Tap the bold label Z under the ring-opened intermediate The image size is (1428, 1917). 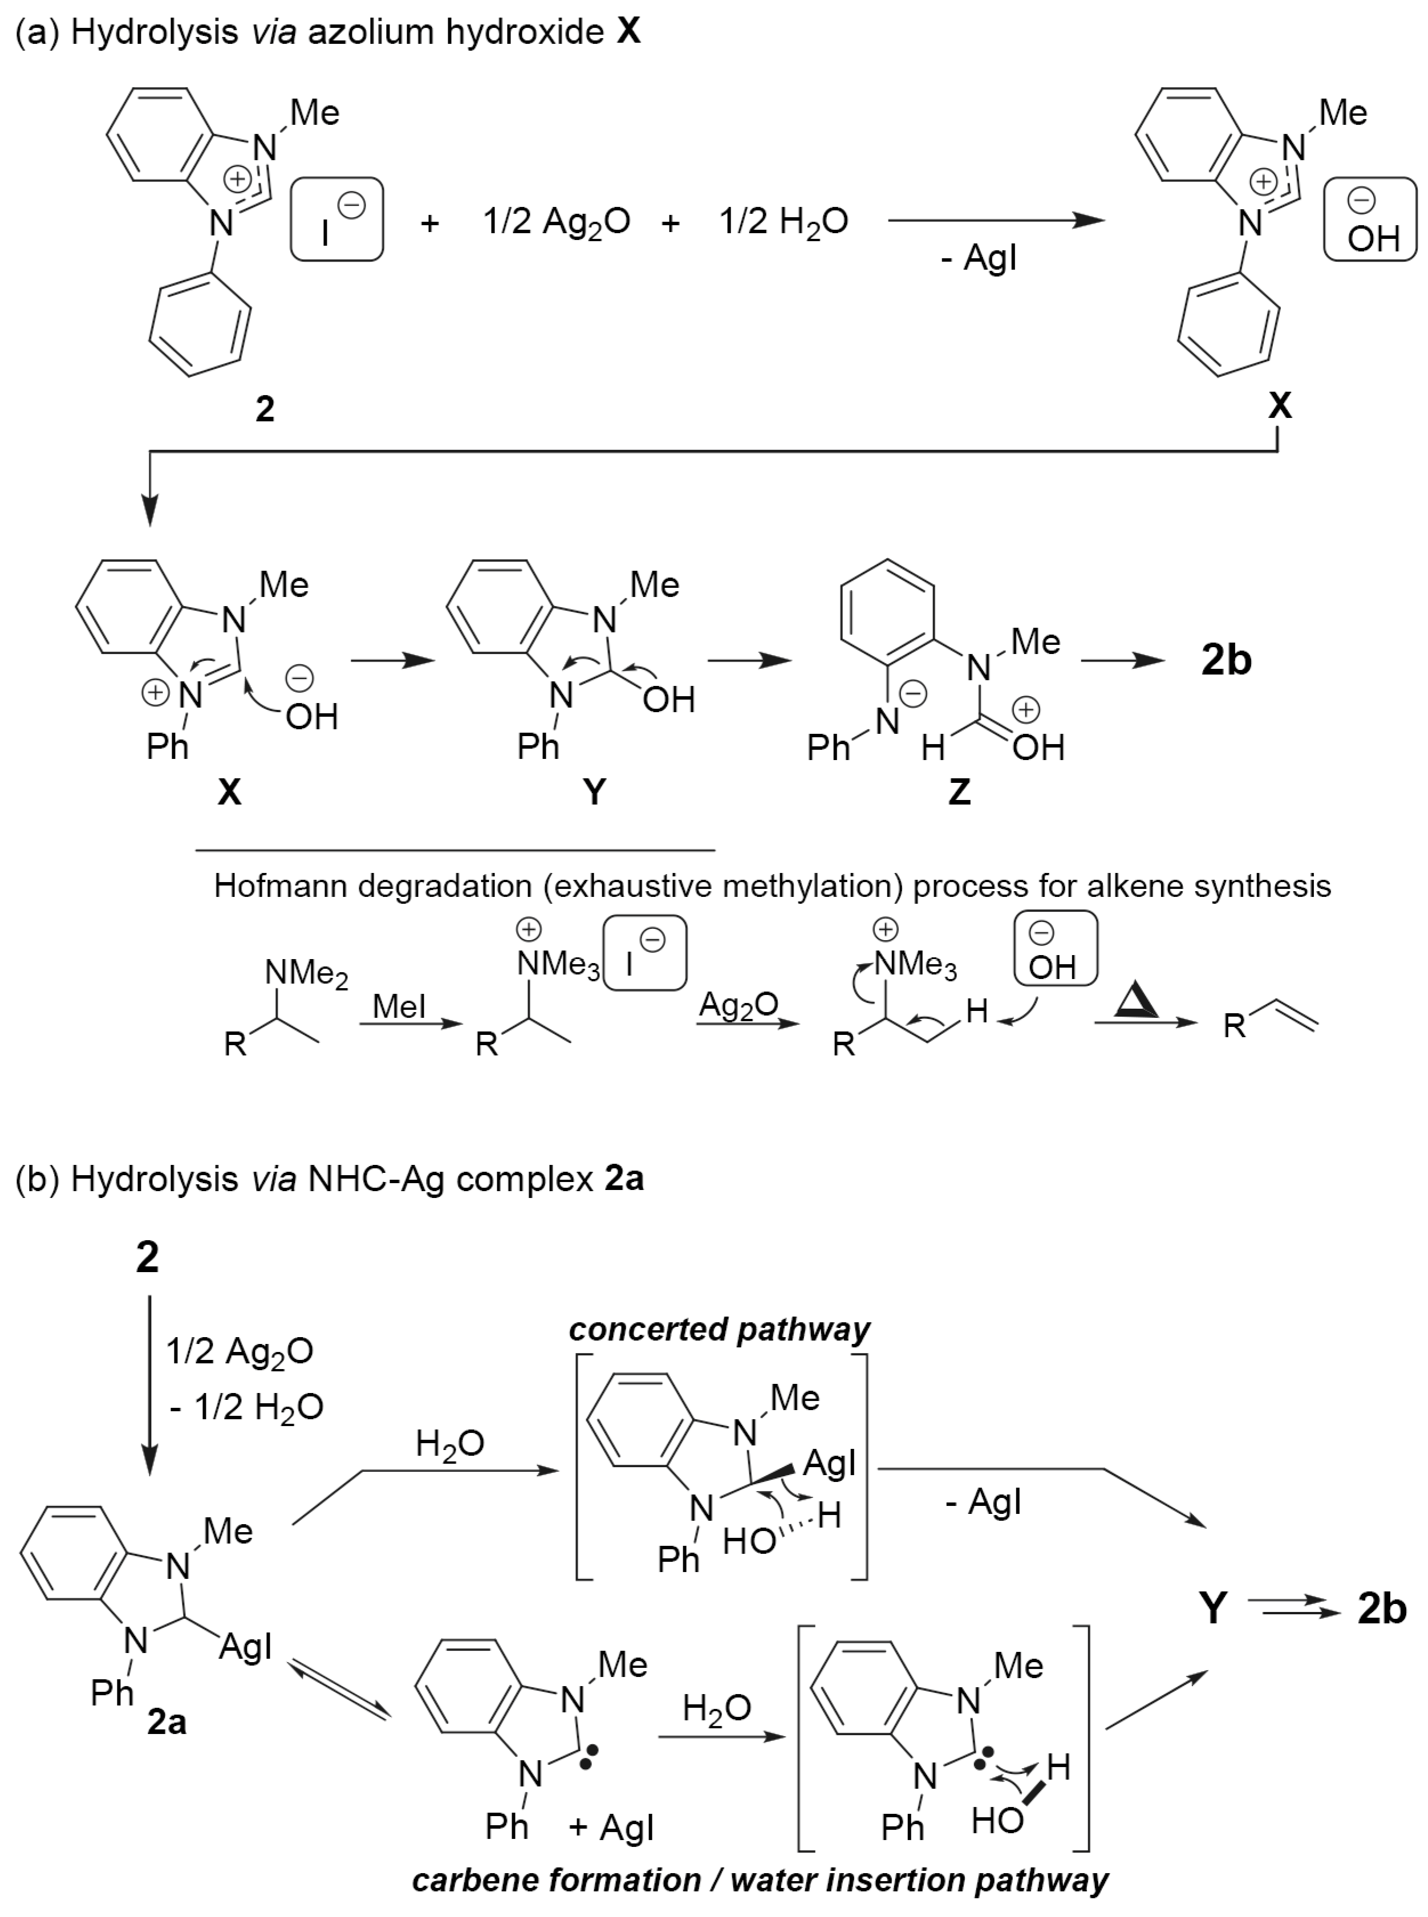pyautogui.click(x=959, y=791)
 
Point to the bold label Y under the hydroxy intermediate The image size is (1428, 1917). pyautogui.click(x=595, y=791)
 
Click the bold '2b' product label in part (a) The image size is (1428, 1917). pyautogui.click(x=1226, y=660)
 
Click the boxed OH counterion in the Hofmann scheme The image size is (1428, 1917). pyautogui.click(x=1052, y=951)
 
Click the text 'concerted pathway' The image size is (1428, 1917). pyautogui.click(x=719, y=1329)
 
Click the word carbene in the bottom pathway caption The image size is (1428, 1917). pyautogui.click(x=471, y=1880)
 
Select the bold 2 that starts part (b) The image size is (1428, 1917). pyautogui.click(x=147, y=1257)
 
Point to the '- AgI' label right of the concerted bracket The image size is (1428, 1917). pyautogui.click(x=984, y=1502)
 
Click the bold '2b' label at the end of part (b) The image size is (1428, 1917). pyautogui.click(x=1381, y=1609)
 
